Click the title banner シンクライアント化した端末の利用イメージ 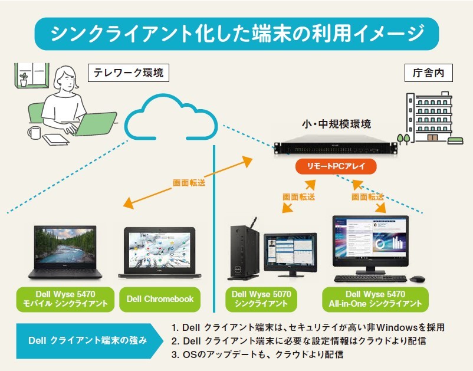point(236,34)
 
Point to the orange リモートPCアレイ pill point(335,167)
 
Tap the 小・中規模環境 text point(336,126)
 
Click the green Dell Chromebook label point(160,299)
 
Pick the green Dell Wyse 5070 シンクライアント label point(260,299)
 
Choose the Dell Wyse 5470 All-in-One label point(375,299)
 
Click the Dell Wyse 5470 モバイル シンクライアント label point(65,299)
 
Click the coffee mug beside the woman point(35,132)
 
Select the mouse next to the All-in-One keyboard point(418,278)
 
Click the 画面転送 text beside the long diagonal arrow point(189,183)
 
